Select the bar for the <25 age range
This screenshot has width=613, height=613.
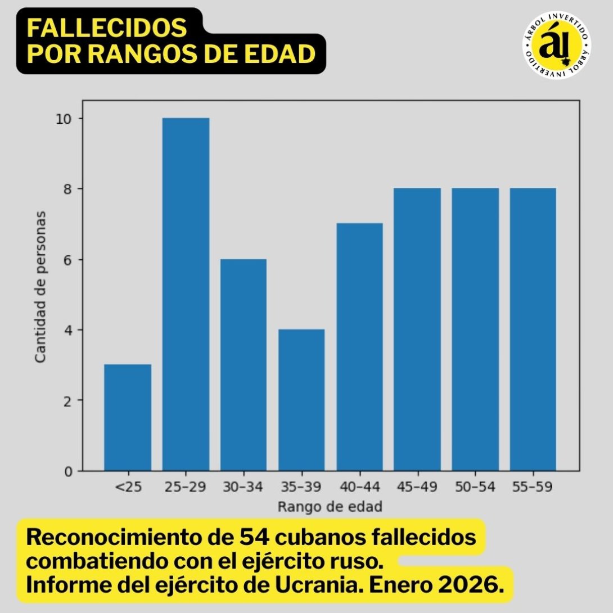(128, 417)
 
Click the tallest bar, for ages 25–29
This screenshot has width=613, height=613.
(186, 294)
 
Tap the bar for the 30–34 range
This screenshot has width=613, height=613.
(244, 364)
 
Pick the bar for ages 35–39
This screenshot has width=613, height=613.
(301, 400)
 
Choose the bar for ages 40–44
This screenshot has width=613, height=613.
(359, 347)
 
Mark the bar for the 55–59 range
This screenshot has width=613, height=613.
(533, 329)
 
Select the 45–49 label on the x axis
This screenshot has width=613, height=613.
(417, 487)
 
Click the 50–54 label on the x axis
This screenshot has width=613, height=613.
(475, 487)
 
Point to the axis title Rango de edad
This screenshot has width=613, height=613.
(330, 507)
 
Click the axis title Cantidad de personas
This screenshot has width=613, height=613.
(40, 286)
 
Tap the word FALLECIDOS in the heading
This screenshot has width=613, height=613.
(107, 28)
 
